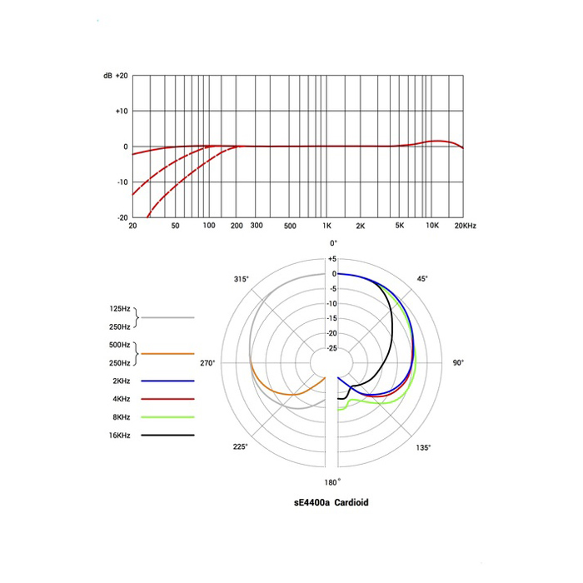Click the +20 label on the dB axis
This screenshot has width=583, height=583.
(121, 76)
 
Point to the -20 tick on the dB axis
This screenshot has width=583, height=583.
(122, 217)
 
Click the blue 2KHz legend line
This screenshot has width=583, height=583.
(167, 381)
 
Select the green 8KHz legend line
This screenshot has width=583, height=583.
(167, 416)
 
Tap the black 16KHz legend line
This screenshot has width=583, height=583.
(167, 435)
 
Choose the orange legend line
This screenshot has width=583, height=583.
(167, 354)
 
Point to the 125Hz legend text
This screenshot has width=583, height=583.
(119, 309)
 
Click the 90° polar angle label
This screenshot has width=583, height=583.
(457, 363)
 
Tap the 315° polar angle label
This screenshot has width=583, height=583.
(242, 279)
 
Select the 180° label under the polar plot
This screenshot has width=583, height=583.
(332, 482)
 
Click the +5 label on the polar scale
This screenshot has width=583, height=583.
(331, 259)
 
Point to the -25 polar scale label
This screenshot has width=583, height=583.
(331, 348)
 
